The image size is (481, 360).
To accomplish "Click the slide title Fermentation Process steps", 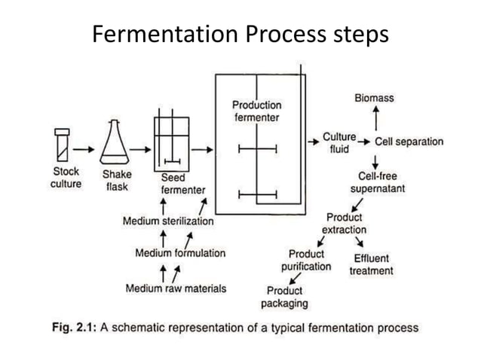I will [240, 34].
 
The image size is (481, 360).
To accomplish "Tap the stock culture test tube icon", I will [63, 145].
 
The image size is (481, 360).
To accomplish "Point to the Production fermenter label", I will [256, 111].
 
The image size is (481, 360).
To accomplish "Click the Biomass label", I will [374, 98].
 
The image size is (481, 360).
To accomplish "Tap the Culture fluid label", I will [339, 143].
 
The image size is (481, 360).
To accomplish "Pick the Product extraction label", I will [344, 224].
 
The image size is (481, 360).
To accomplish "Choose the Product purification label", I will [306, 261].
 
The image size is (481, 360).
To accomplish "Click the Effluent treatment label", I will [371, 264].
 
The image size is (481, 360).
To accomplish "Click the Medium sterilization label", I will [168, 221].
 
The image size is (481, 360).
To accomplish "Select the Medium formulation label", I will [179, 253].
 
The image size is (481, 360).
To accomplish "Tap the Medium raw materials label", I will [176, 288].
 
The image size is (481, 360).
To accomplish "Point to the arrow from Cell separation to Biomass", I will [375, 119].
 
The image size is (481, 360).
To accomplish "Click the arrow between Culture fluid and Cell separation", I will [364, 142].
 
